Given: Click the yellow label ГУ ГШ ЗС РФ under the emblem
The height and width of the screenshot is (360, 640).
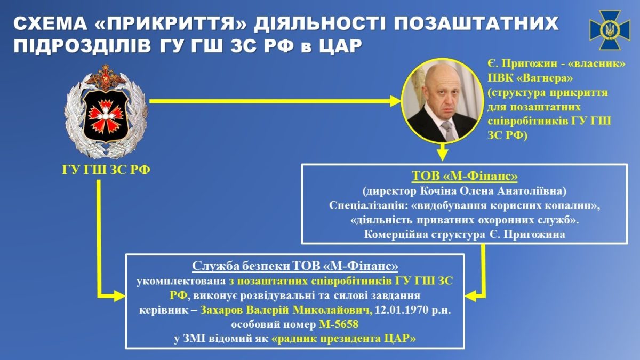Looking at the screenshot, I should [106, 170].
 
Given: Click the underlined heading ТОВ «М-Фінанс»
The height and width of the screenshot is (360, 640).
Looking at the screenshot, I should [465, 177].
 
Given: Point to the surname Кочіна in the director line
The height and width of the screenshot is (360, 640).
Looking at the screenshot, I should [445, 191].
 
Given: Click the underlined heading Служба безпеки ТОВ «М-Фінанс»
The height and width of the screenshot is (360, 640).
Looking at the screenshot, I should [294, 266].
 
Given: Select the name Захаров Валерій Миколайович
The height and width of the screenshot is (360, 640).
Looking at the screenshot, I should [286, 310].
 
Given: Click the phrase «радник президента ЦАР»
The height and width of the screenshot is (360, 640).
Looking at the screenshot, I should [343, 339].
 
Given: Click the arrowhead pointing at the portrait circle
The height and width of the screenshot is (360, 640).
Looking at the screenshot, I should [395, 101].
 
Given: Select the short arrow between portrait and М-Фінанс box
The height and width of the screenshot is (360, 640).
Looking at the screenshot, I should [442, 153].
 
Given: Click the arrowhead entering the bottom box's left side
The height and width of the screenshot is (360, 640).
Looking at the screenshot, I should [119, 294].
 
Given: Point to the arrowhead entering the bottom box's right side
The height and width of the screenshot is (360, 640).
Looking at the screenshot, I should [471, 294].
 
